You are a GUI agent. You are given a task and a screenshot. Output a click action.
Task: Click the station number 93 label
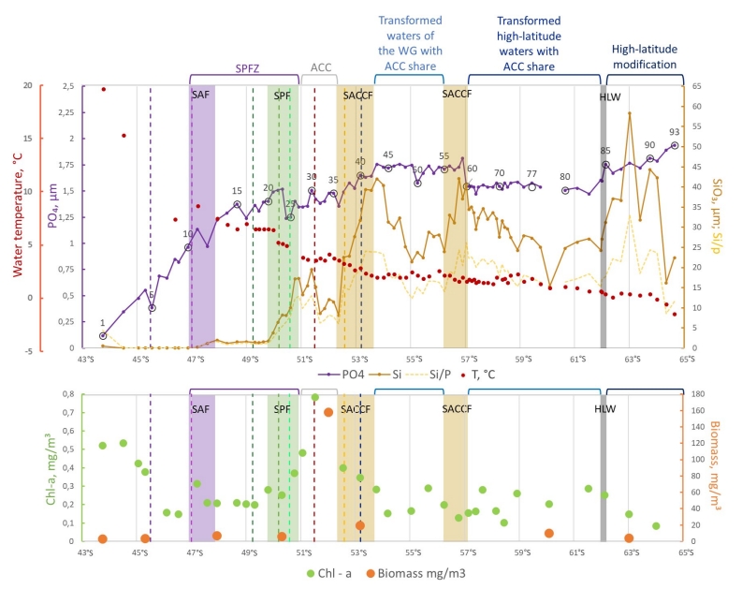click(x=674, y=131)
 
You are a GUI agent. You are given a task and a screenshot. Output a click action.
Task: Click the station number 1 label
click(x=103, y=323)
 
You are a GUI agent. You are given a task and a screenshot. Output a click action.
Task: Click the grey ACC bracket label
click(x=321, y=67)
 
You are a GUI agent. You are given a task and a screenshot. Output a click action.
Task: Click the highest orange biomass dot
click(x=328, y=412)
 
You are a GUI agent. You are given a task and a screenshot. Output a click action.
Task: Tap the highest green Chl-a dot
click(x=315, y=397)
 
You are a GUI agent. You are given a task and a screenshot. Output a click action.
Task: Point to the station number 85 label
click(x=605, y=150)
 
